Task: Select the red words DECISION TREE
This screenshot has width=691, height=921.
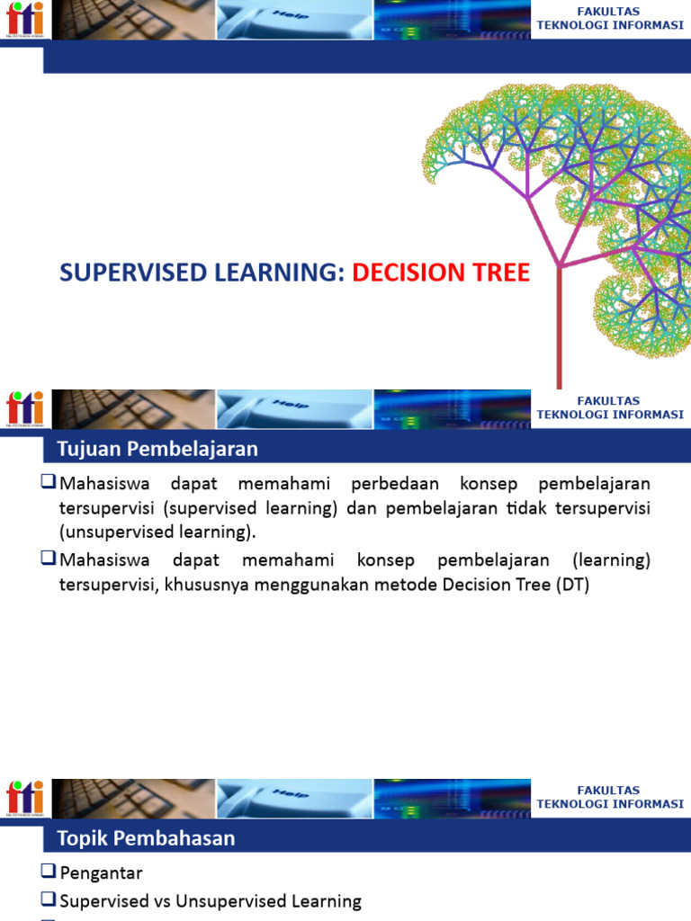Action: tap(440, 273)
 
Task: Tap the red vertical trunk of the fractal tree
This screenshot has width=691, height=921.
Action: tap(560, 333)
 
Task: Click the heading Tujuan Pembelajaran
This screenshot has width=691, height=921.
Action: tap(157, 448)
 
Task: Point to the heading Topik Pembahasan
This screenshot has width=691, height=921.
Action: tap(146, 838)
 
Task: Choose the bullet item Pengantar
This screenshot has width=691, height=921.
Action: tap(101, 872)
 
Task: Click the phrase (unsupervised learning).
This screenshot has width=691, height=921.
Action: tap(157, 532)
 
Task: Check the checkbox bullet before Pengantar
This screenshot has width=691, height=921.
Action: tap(49, 872)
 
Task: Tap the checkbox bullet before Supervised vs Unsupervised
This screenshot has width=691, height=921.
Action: tap(49, 899)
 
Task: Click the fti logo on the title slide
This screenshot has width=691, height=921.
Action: tap(23, 20)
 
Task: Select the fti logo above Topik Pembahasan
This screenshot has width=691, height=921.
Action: tap(23, 799)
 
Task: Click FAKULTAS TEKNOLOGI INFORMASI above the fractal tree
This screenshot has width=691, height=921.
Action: tap(610, 18)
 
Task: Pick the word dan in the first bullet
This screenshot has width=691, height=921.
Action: tap(360, 508)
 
